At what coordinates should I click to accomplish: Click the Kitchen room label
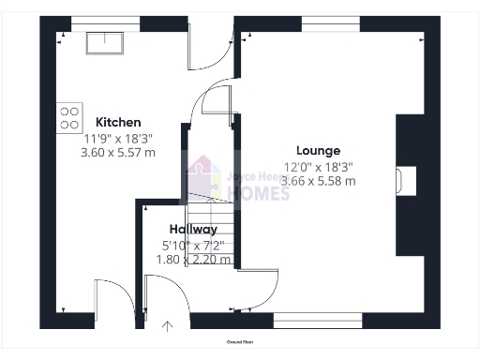[118, 122]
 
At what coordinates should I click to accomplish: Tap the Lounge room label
[318, 150]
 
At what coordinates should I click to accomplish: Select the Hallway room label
[193, 229]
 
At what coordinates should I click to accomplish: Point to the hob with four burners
[69, 116]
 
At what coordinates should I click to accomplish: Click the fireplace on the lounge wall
[405, 178]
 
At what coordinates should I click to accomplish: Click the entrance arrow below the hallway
[169, 327]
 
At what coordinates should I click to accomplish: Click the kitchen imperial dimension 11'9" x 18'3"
[118, 137]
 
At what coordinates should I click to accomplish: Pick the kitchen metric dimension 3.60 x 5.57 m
[118, 151]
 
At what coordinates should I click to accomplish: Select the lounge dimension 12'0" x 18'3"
[318, 166]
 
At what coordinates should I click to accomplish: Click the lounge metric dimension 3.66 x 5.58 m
[318, 181]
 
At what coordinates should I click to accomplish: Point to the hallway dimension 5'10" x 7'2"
[193, 245]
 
